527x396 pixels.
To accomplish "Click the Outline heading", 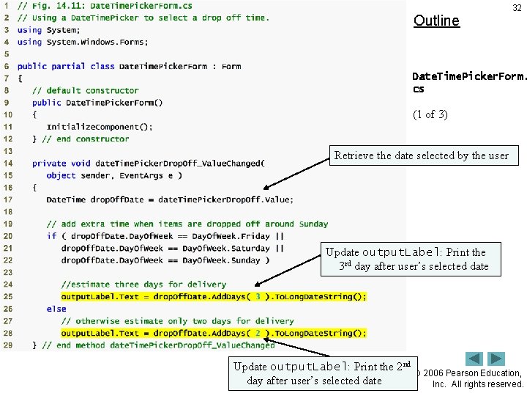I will coord(436,21).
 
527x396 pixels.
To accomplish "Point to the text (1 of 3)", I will coord(430,114).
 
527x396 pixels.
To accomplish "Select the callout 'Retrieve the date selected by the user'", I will coord(422,155).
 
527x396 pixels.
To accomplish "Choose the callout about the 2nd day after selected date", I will coord(321,373).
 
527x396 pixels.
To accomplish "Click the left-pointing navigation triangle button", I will coord(475,359).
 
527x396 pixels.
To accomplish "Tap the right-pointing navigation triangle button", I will coord(497,359).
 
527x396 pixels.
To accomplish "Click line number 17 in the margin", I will coord(7,199).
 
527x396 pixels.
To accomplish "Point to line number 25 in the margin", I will coord(7,296).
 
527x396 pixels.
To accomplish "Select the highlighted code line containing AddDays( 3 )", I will coord(214,296).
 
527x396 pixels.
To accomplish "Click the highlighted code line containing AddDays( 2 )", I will coord(214,333).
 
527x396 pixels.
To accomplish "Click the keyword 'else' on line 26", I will coord(56,309).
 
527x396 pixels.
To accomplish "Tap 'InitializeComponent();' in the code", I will coord(100,127).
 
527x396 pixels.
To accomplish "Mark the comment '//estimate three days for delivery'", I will coord(143,285).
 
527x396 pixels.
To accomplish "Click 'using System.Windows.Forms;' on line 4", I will coord(81,42).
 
